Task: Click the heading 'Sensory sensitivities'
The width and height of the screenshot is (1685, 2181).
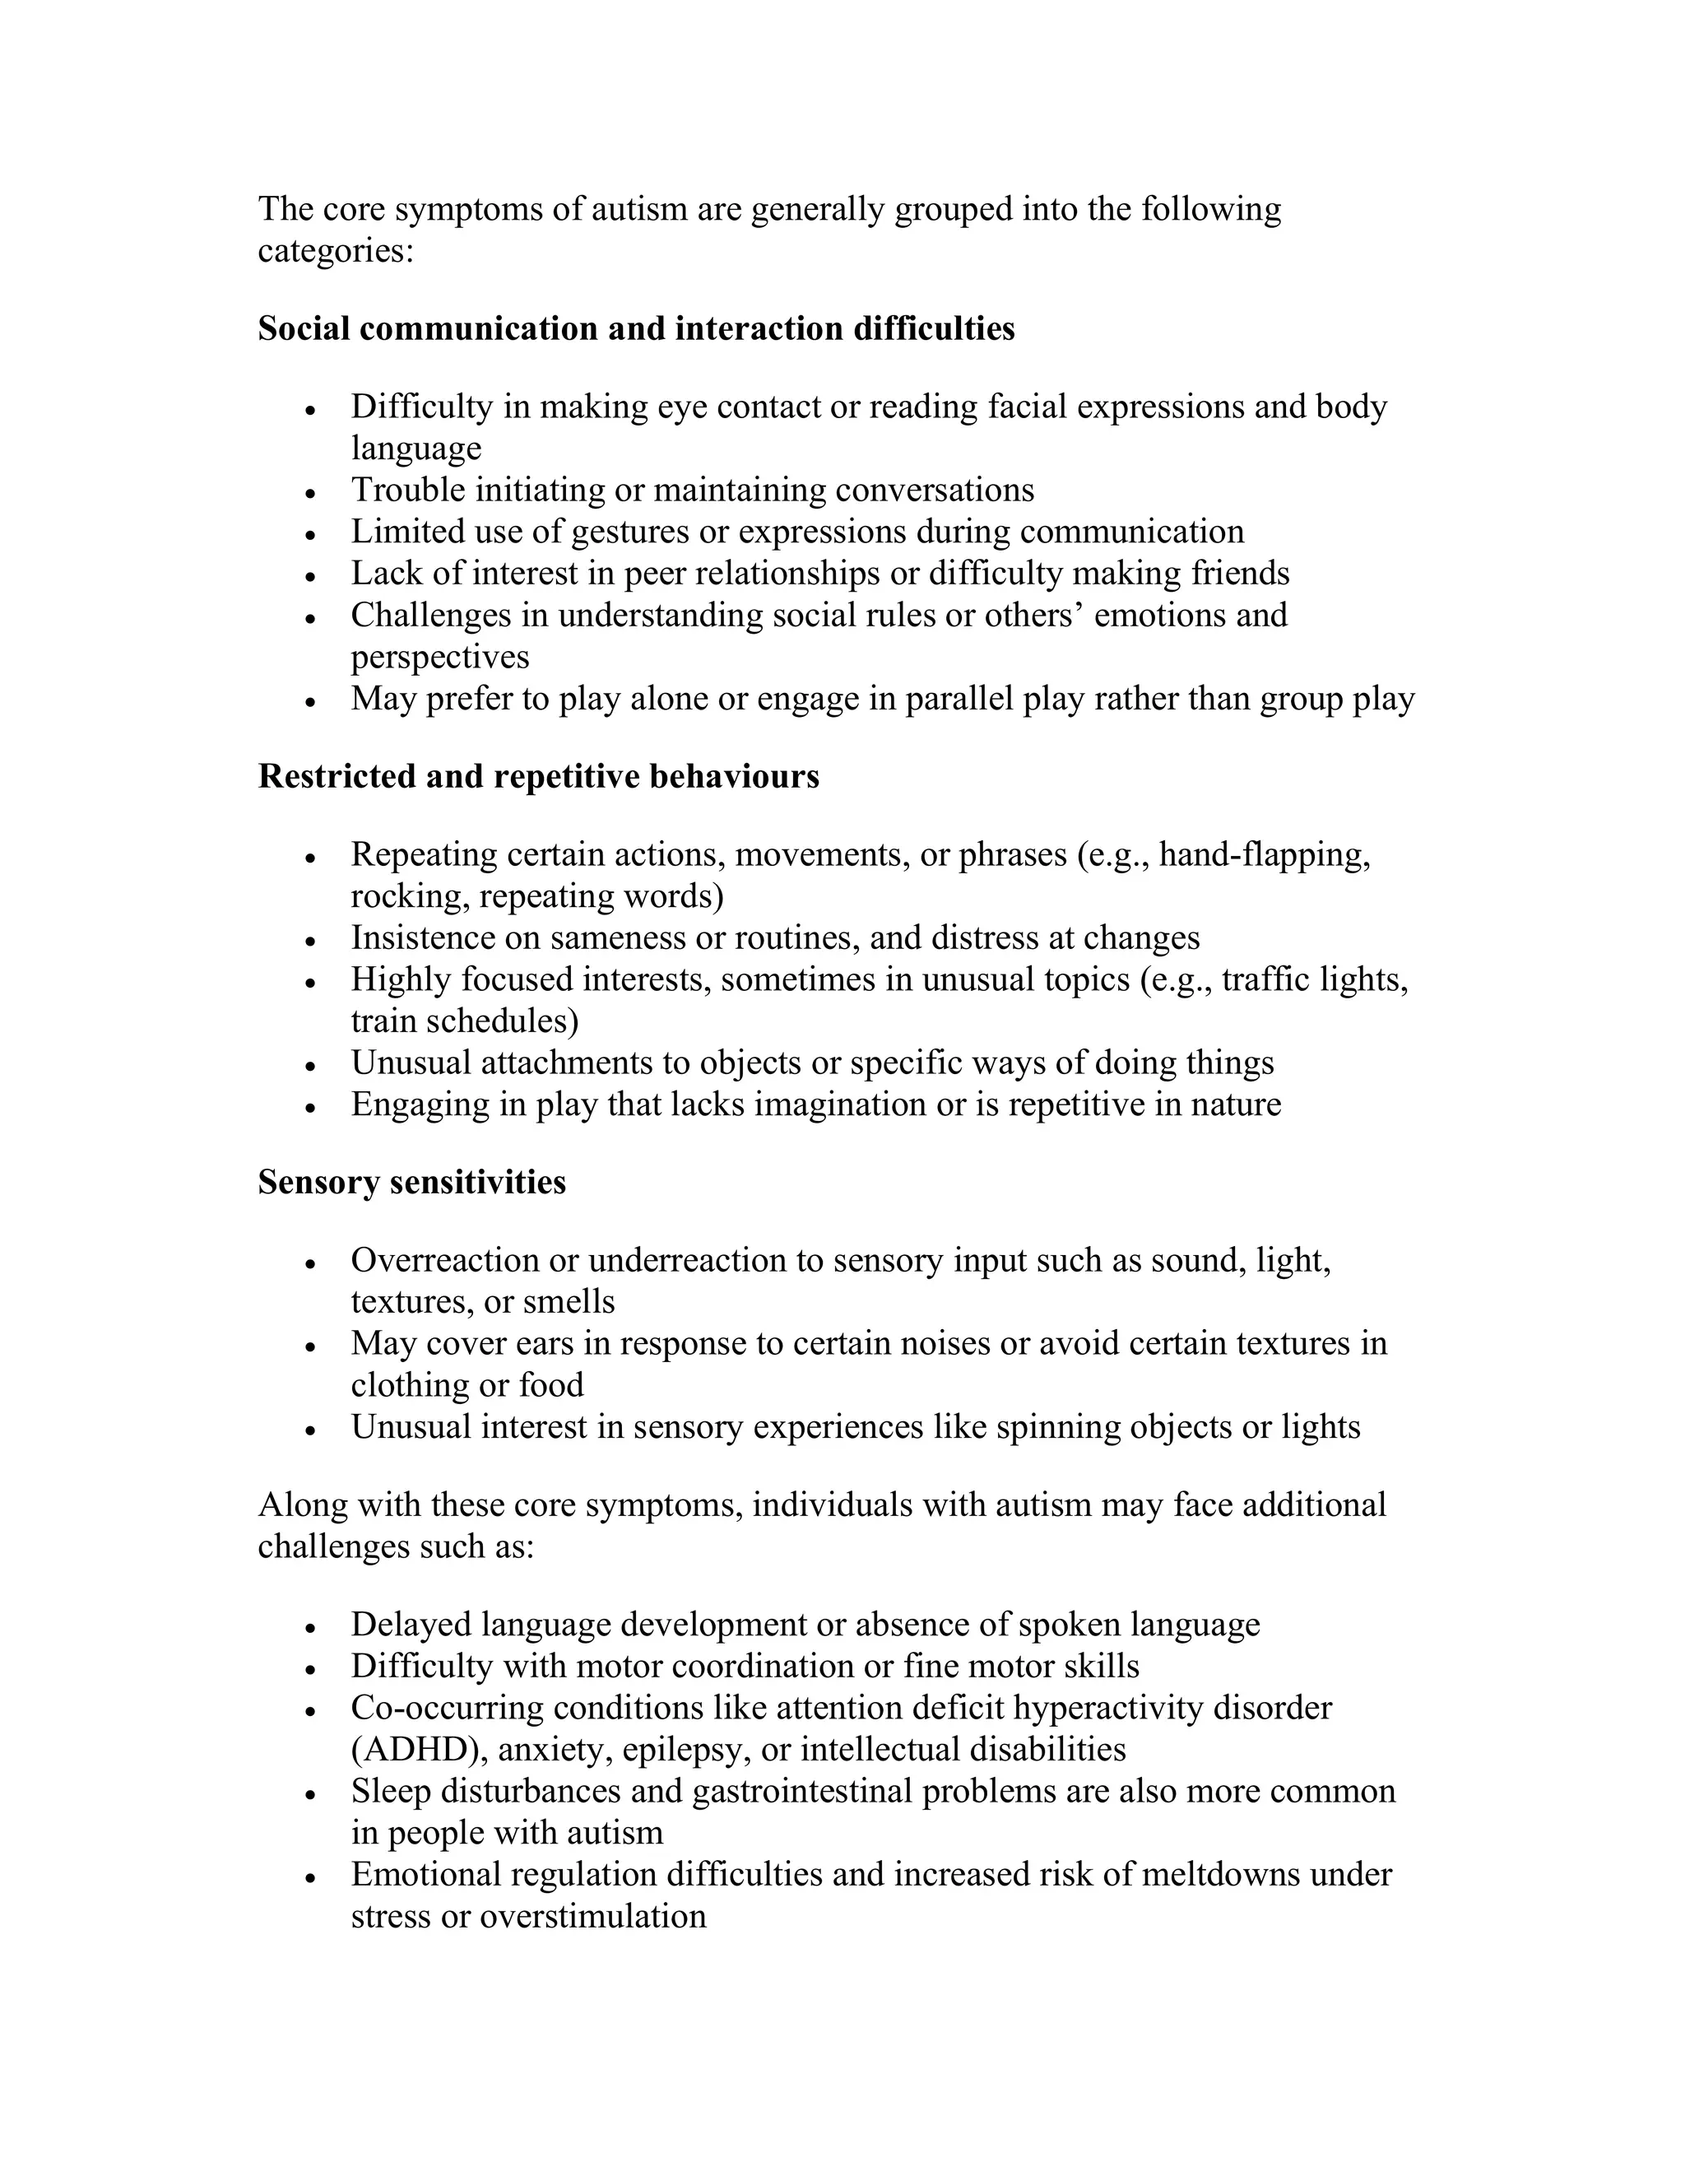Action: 411,1183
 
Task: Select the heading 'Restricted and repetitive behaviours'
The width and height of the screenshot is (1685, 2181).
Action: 538,776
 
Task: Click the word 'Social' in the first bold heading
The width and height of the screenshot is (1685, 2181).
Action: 304,328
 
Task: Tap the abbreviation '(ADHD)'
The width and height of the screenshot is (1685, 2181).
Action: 417,1750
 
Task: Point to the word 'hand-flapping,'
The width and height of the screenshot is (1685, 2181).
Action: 1265,855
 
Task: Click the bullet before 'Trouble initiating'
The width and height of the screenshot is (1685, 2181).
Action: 312,493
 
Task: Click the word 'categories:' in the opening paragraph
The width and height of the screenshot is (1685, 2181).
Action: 336,251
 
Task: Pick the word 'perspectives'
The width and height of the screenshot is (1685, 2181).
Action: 440,657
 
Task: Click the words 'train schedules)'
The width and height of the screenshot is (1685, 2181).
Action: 464,1021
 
